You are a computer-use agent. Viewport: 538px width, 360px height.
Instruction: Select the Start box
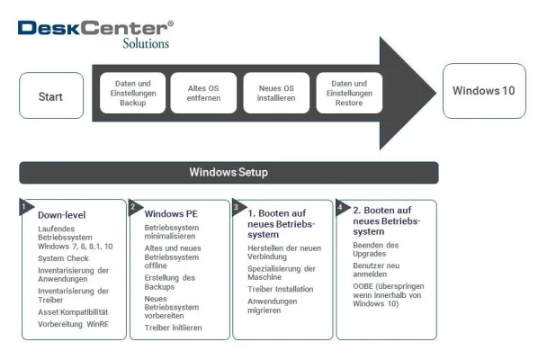pos(51,96)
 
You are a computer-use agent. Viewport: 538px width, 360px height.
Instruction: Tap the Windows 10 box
pos(484,91)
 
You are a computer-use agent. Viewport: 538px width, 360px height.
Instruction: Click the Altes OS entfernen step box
pos(203,93)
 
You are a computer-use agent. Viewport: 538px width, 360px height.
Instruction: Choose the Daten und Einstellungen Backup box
pos(131,93)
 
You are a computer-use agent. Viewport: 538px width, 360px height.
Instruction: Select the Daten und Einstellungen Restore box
pos(348,93)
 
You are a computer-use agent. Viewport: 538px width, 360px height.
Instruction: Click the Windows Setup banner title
pos(229,172)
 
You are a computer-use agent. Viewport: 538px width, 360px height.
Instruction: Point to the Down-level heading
pos(62,215)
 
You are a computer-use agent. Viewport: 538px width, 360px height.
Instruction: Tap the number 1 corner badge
pos(23,206)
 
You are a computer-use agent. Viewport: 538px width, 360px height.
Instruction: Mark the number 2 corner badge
pos(133,206)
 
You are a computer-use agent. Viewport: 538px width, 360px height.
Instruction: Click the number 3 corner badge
pos(236,206)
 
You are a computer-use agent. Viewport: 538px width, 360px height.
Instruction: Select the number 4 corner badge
pos(340,206)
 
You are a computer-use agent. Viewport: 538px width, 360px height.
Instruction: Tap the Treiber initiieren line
pos(173,328)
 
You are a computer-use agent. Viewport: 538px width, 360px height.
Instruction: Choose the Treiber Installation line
pos(281,289)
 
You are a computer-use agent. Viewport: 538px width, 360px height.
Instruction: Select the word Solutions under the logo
pos(145,43)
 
